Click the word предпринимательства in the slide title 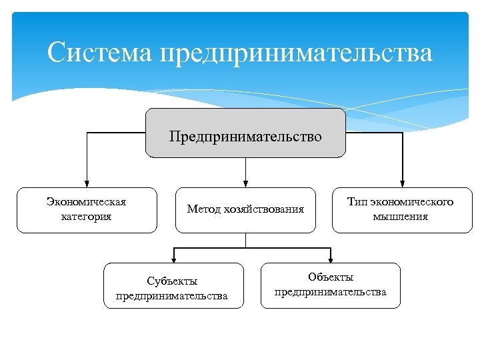pos(296,53)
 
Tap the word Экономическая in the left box pos(86,202)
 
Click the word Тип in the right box pos(358,202)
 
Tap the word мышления pos(401,216)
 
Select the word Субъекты pos(172,282)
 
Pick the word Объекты pos(331,277)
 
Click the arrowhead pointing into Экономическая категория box pos(86,183)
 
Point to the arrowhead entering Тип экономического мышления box pos(403,183)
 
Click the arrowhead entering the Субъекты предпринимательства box pos(173,259)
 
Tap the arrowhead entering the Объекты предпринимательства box pos(330,259)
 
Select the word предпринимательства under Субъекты pos(172,296)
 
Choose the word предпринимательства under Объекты pos(331,292)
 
